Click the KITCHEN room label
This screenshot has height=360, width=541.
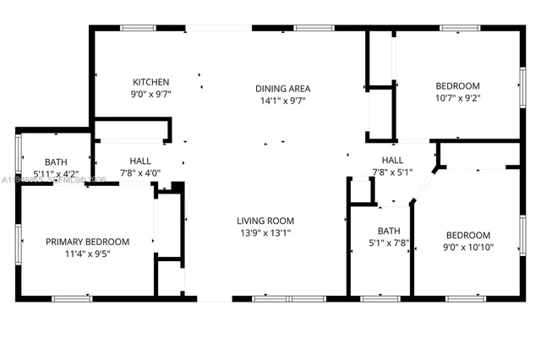(151, 82)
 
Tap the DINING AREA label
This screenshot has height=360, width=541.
(283, 89)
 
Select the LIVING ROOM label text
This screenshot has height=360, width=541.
(265, 221)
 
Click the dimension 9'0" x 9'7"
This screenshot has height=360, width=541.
(151, 95)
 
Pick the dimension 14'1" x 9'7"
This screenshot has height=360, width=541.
(283, 101)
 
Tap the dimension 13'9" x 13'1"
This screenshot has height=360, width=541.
(265, 232)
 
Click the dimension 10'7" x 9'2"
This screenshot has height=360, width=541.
(457, 98)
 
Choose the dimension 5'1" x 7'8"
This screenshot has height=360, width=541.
(389, 243)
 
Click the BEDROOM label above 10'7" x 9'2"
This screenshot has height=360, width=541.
(457, 85)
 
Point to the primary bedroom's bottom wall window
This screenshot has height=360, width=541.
(71, 298)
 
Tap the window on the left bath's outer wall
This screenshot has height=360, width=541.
(18, 155)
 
